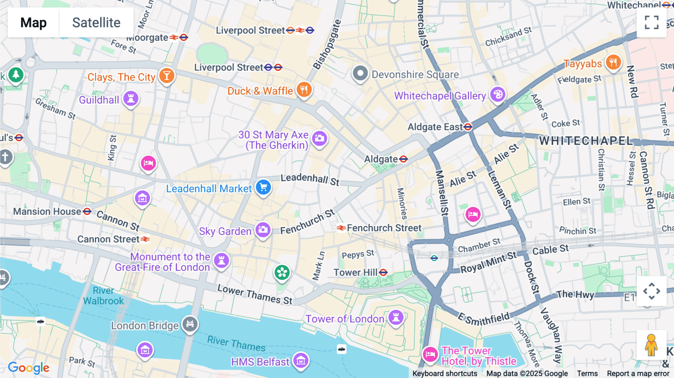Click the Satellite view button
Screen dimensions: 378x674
point(96,22)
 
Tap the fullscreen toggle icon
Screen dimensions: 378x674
point(652,22)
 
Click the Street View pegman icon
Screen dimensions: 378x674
point(651,345)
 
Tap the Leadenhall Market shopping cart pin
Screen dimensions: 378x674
point(263,187)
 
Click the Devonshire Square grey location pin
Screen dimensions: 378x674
point(360,74)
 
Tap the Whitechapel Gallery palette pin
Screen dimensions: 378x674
point(498,95)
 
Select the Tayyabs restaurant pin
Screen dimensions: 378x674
point(613,63)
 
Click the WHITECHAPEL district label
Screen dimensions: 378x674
point(586,141)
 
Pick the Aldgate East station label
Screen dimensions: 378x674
point(435,127)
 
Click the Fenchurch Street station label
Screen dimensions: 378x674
point(384,228)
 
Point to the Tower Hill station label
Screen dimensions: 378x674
point(356,272)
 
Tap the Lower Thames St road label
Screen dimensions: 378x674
point(255,295)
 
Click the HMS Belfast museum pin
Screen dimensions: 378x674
point(301,361)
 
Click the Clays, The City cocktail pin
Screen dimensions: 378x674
point(167,76)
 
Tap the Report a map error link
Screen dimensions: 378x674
point(638,374)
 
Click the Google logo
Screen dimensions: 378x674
point(29,368)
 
